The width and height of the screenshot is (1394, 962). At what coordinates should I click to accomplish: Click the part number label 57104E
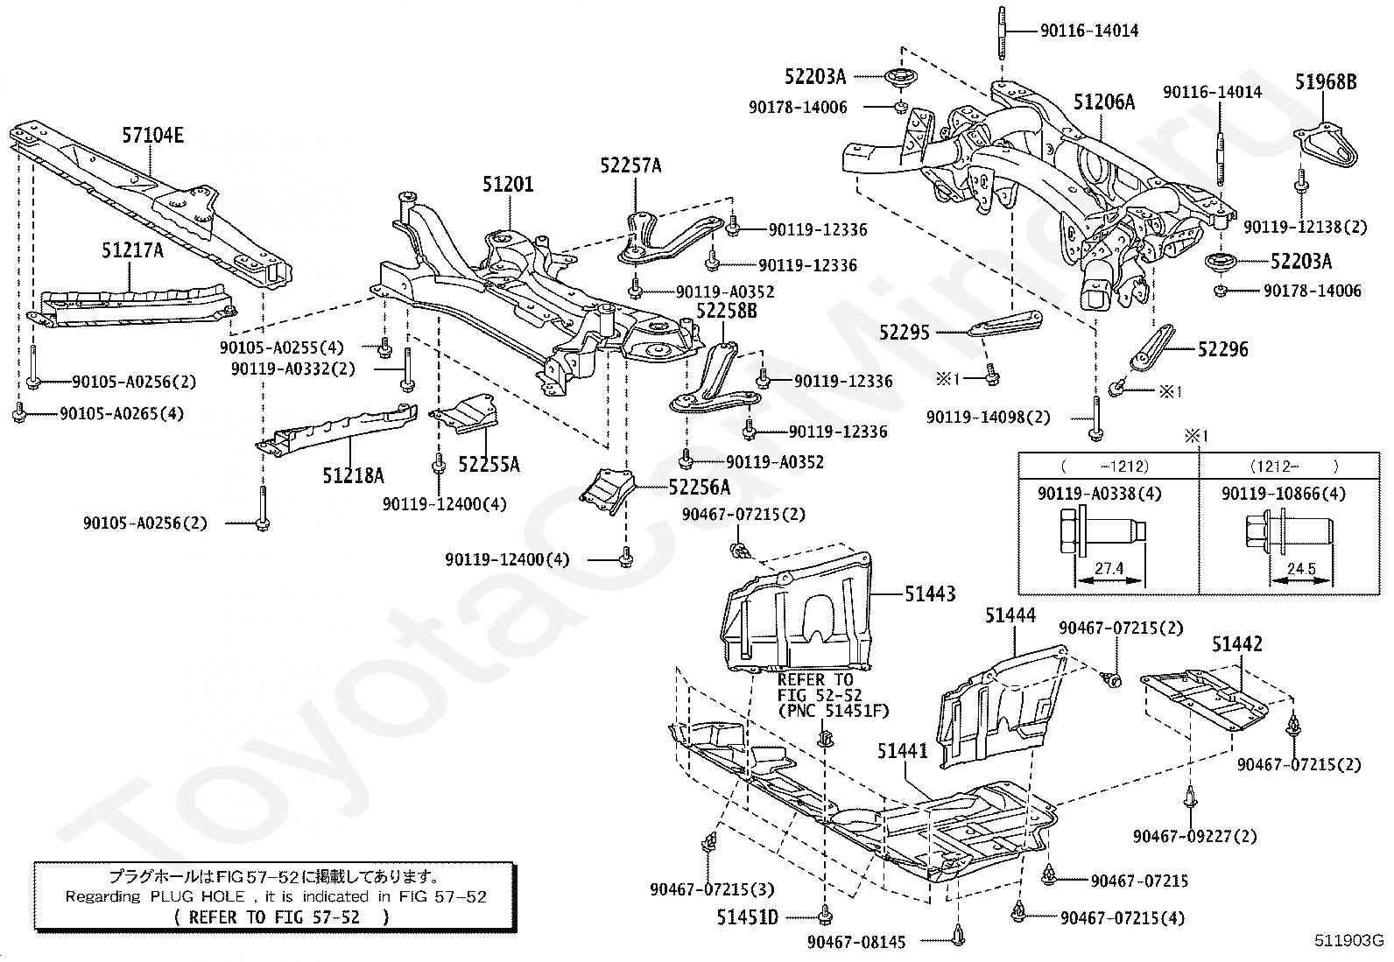(x=153, y=135)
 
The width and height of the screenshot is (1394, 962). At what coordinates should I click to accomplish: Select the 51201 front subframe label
(x=508, y=184)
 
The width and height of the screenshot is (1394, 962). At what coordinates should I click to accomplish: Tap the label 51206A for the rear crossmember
(x=1104, y=102)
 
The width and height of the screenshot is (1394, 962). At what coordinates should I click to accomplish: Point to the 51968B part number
(x=1327, y=81)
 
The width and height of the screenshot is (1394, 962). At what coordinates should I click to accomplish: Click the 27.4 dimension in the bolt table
(x=1109, y=568)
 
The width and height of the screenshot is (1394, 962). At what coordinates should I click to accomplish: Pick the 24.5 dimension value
(x=1301, y=569)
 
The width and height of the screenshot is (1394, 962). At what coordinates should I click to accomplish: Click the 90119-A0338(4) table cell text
(x=1100, y=494)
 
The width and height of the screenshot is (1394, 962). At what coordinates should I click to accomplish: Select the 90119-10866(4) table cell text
(x=1284, y=494)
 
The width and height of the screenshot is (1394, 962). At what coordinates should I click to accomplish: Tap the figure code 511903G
(x=1348, y=940)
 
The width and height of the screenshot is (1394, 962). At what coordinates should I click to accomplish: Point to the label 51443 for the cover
(x=930, y=594)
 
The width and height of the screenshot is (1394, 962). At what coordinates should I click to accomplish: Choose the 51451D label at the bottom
(x=748, y=917)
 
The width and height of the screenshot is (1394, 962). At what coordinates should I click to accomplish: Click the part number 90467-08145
(x=856, y=942)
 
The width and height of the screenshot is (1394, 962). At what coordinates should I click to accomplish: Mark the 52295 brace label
(x=905, y=333)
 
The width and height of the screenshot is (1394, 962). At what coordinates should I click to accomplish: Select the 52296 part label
(x=1223, y=349)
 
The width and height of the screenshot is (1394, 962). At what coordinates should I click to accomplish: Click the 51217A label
(x=132, y=250)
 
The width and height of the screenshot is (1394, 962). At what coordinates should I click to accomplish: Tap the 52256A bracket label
(x=700, y=487)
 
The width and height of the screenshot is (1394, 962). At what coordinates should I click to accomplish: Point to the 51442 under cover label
(x=1237, y=643)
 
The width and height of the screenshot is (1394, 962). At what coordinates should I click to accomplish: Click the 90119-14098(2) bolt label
(x=989, y=417)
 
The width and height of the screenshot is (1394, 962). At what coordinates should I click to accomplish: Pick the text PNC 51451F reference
(x=834, y=711)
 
